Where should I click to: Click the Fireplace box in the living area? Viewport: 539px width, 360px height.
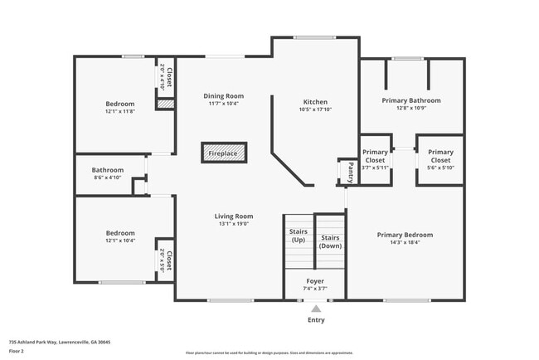click(222, 153)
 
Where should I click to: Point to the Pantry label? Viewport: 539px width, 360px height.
click(351, 172)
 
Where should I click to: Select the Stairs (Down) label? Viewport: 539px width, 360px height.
click(331, 241)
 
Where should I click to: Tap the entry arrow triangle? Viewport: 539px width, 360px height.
click(316, 309)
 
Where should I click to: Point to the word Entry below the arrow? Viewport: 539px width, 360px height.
click(316, 319)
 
